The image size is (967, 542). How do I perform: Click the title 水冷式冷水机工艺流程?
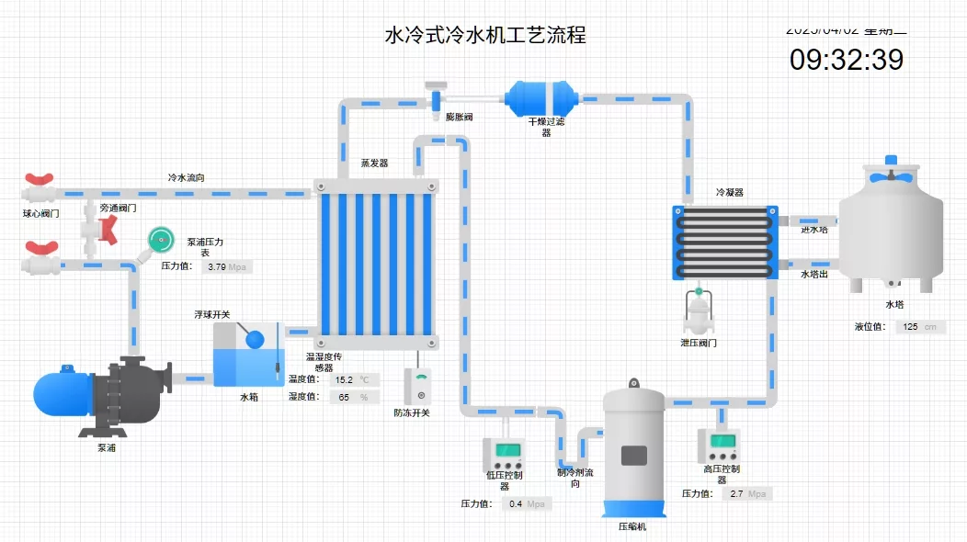(x=484, y=36)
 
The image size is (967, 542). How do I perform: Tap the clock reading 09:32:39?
(x=847, y=60)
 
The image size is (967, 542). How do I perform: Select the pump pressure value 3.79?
(x=217, y=267)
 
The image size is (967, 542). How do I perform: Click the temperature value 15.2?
(x=344, y=379)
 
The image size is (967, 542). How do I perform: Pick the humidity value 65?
(x=344, y=397)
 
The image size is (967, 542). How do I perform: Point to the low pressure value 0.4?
(x=516, y=504)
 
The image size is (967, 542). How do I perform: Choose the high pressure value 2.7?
(x=736, y=494)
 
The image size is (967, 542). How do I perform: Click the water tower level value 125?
(x=910, y=327)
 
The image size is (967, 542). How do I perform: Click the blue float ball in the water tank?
(x=255, y=339)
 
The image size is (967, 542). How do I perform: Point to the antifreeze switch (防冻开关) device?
(x=420, y=386)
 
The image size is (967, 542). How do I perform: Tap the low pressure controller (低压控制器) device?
(x=504, y=453)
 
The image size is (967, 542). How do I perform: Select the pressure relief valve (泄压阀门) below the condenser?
(x=698, y=314)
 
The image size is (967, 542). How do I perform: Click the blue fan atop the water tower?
(x=891, y=175)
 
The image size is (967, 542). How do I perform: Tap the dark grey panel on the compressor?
(x=633, y=456)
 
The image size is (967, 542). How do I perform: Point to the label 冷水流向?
(x=187, y=177)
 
